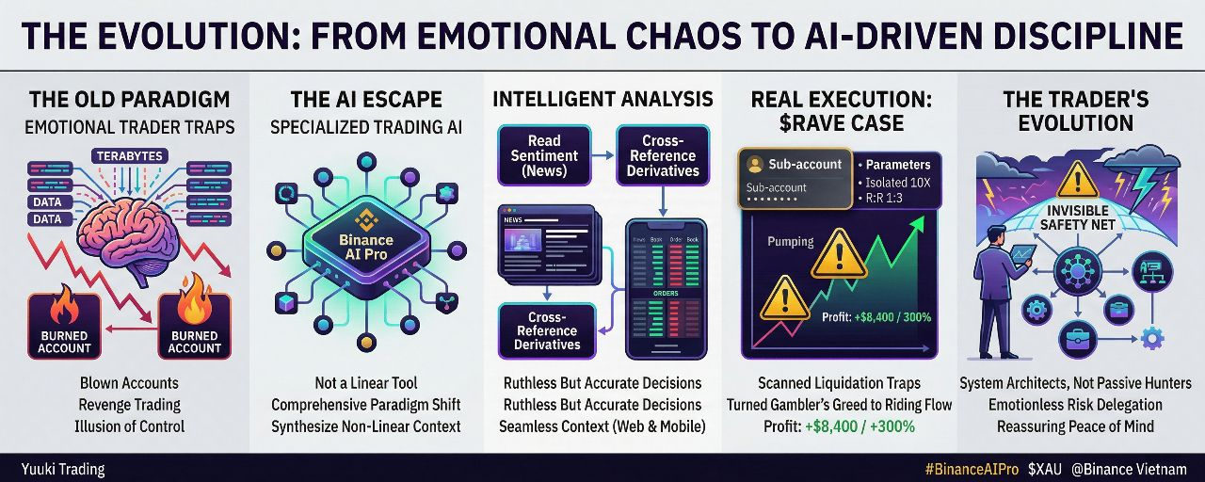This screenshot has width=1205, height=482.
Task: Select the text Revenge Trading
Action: click(x=129, y=405)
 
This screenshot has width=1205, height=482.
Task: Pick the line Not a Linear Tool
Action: click(x=366, y=383)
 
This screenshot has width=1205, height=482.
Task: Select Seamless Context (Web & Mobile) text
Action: click(x=602, y=426)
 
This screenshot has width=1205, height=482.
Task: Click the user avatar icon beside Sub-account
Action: click(x=754, y=164)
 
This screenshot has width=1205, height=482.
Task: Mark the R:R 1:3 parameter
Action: click(x=885, y=199)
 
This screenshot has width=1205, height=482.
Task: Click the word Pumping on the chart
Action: click(x=791, y=242)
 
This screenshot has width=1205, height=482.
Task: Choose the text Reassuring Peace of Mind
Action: click(x=1075, y=426)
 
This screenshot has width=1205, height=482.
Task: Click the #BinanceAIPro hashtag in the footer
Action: click(x=972, y=469)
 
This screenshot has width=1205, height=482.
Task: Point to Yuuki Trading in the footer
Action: click(x=64, y=469)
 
